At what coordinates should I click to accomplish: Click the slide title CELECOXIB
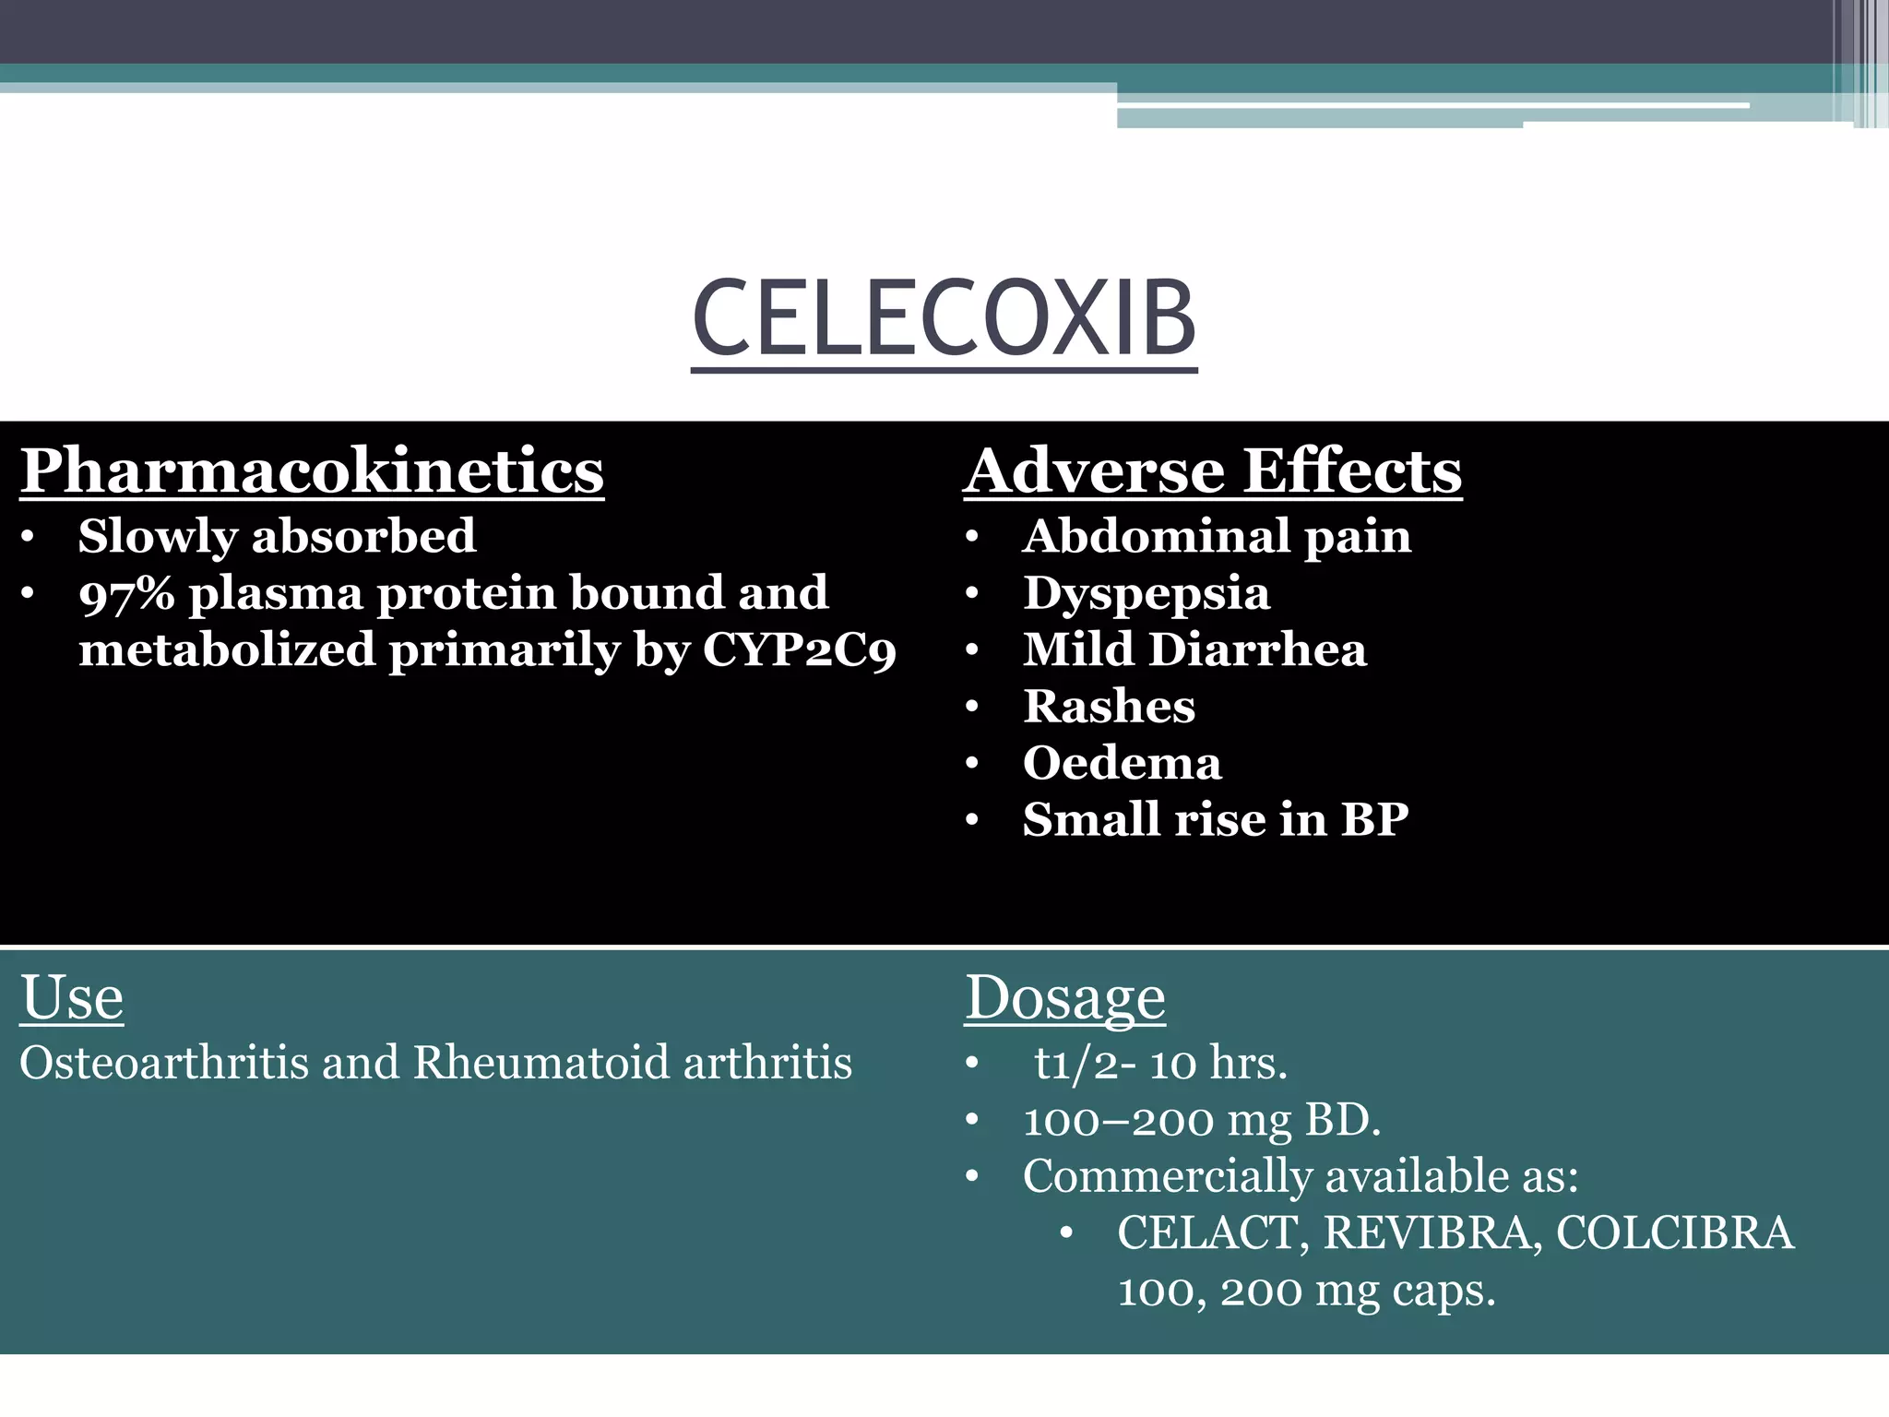944,318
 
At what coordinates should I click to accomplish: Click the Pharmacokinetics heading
312,470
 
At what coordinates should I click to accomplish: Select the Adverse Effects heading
1212,470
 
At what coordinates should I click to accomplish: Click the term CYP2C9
799,650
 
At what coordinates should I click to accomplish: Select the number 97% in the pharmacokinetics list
126,593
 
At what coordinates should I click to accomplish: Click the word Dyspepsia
1146,593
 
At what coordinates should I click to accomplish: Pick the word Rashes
1109,707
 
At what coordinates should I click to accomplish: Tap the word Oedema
1122,763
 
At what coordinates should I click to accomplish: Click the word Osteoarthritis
164,1063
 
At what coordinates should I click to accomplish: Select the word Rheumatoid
541,1063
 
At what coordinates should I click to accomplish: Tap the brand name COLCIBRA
1675,1233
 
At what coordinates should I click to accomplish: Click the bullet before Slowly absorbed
29,537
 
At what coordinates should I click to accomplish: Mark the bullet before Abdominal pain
971,537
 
